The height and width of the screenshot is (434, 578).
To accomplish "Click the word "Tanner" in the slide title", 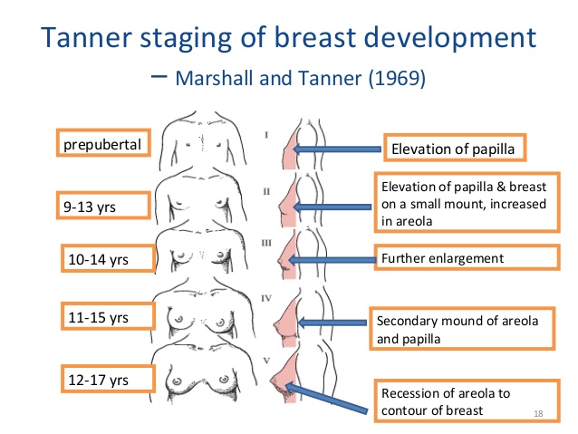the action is [x=86, y=37].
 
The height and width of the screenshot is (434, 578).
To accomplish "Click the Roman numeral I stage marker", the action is [x=266, y=135].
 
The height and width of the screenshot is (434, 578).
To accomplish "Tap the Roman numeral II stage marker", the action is [x=266, y=191].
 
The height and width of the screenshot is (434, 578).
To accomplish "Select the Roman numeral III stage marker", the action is [x=266, y=243].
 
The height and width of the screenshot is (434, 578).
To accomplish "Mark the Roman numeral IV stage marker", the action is [x=266, y=298].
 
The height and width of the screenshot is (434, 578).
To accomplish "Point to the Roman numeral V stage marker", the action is [x=267, y=361].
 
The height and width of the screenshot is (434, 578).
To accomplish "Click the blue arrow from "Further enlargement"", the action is [x=332, y=260].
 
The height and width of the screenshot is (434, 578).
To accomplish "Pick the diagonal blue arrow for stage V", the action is [x=326, y=398].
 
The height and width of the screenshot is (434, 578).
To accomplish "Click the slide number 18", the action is [x=538, y=414].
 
